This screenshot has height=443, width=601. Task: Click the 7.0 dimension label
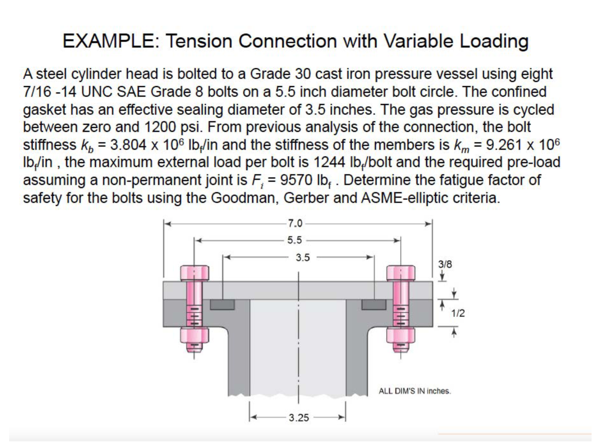[295, 224]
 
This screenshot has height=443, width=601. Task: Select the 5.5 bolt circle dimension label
[294, 240]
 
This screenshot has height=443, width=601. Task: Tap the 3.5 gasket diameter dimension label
[303, 258]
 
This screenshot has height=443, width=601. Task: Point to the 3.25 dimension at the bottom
[299, 418]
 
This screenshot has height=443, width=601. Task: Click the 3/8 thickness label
[445, 264]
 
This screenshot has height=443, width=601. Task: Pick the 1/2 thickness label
[458, 313]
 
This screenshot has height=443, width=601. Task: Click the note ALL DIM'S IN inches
[415, 391]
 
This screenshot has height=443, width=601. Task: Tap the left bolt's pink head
[194, 273]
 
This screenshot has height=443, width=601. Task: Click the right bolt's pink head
[400, 273]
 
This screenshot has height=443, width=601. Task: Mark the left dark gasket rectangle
[222, 305]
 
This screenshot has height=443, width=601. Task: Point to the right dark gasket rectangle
[374, 305]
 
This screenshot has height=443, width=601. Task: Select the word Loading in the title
[494, 41]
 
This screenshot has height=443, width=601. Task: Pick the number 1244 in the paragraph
[329, 162]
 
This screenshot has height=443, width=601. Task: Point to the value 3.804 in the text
[128, 145]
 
